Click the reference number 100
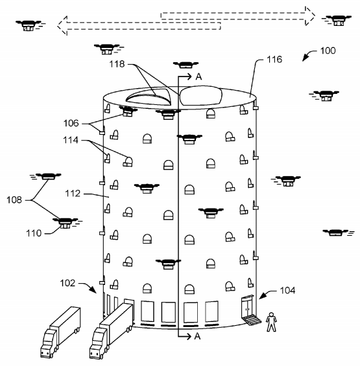[x=328, y=51]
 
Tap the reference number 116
[x=274, y=60]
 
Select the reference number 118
[x=117, y=64]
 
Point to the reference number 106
[x=71, y=123]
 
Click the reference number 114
[x=71, y=140]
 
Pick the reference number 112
[x=73, y=193]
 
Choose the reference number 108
[x=14, y=200]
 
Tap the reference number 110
[x=34, y=233]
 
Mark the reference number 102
[x=67, y=283]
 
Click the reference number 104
[x=287, y=290]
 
